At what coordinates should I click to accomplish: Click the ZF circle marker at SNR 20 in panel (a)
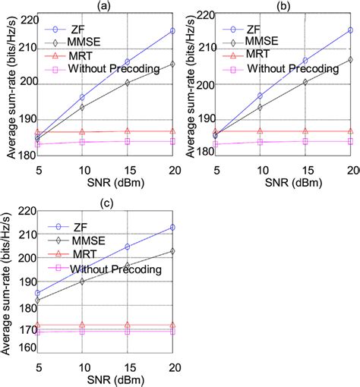click(x=172, y=31)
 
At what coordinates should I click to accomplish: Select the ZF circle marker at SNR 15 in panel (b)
click(x=305, y=60)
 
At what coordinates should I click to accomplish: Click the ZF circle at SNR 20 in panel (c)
click(x=172, y=227)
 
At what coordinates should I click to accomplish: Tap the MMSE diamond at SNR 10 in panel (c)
click(x=82, y=281)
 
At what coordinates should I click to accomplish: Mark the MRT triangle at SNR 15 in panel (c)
click(x=128, y=326)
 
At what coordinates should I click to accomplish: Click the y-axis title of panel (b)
click(x=188, y=83)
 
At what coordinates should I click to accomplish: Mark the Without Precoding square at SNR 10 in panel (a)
click(x=82, y=142)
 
